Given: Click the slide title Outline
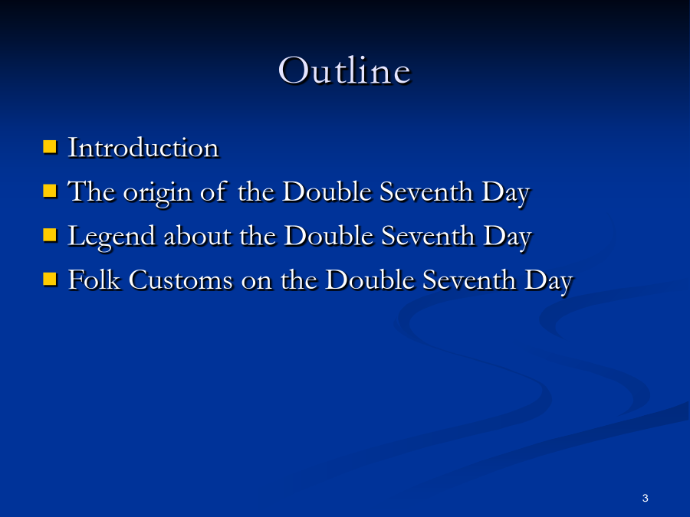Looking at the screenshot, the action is pyautogui.click(x=344, y=70).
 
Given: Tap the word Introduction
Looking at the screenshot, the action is pyautogui.click(x=143, y=147).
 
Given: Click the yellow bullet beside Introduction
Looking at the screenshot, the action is pyautogui.click(x=50, y=146).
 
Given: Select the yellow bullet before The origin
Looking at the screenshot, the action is pyautogui.click(x=50, y=191).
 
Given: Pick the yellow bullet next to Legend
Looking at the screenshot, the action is pyautogui.click(x=50, y=235).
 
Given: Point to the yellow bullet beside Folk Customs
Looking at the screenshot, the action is pyautogui.click(x=50, y=279).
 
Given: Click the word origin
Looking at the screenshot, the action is pyautogui.click(x=157, y=194).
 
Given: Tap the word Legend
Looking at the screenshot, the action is pyautogui.click(x=111, y=237).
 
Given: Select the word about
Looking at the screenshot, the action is pyautogui.click(x=198, y=236).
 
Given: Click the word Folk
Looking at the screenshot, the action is pyautogui.click(x=94, y=280).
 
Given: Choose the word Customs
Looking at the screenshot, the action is pyautogui.click(x=180, y=280).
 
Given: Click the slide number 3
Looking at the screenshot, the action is pyautogui.click(x=645, y=498).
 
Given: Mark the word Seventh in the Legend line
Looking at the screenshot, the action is pyautogui.click(x=428, y=236).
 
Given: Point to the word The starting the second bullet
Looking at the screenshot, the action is pyautogui.click(x=91, y=191).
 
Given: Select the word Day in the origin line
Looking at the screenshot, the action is pyautogui.click(x=506, y=194).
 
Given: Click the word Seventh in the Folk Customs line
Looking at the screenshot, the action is pyautogui.click(x=469, y=280).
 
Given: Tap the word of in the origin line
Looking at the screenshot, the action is pyautogui.click(x=214, y=191).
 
